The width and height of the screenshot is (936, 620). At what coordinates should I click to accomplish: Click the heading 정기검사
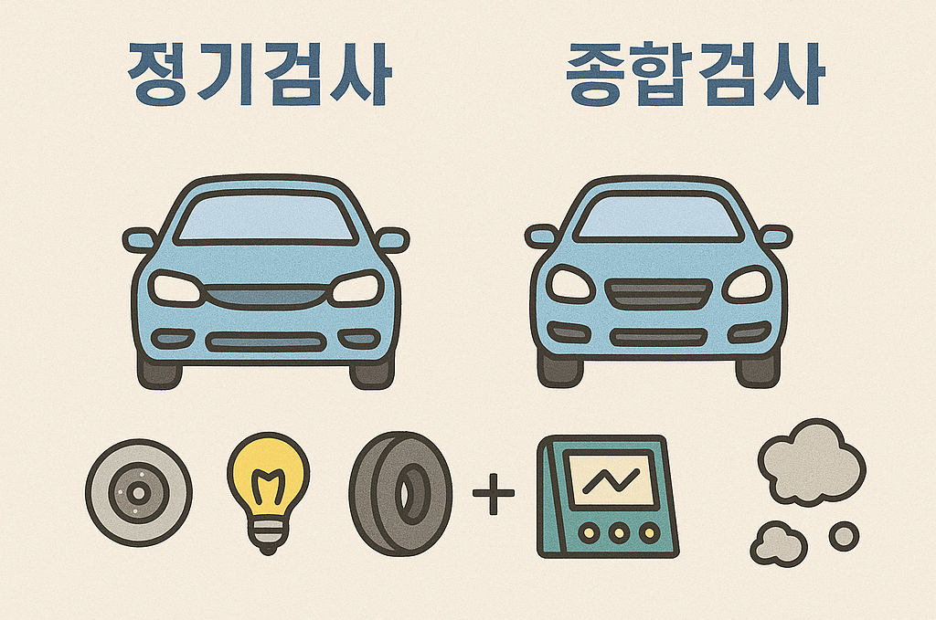[261, 72]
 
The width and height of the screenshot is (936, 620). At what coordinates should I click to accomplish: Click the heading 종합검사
[695, 72]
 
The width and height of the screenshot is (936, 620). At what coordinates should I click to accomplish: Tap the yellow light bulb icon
[268, 488]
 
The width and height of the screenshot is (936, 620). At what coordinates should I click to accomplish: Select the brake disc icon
[138, 493]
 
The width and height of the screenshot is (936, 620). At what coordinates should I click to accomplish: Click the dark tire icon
[399, 494]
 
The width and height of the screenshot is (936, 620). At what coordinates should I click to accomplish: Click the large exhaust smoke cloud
[810, 462]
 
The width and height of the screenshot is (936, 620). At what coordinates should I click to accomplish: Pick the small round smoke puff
[844, 536]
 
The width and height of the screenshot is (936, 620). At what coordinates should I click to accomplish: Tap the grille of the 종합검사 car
[658, 295]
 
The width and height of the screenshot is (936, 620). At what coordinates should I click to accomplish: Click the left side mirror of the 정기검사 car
[141, 240]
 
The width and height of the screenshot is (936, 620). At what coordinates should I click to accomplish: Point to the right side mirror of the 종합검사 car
[773, 236]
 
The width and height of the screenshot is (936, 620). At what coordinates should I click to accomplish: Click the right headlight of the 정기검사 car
[356, 289]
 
